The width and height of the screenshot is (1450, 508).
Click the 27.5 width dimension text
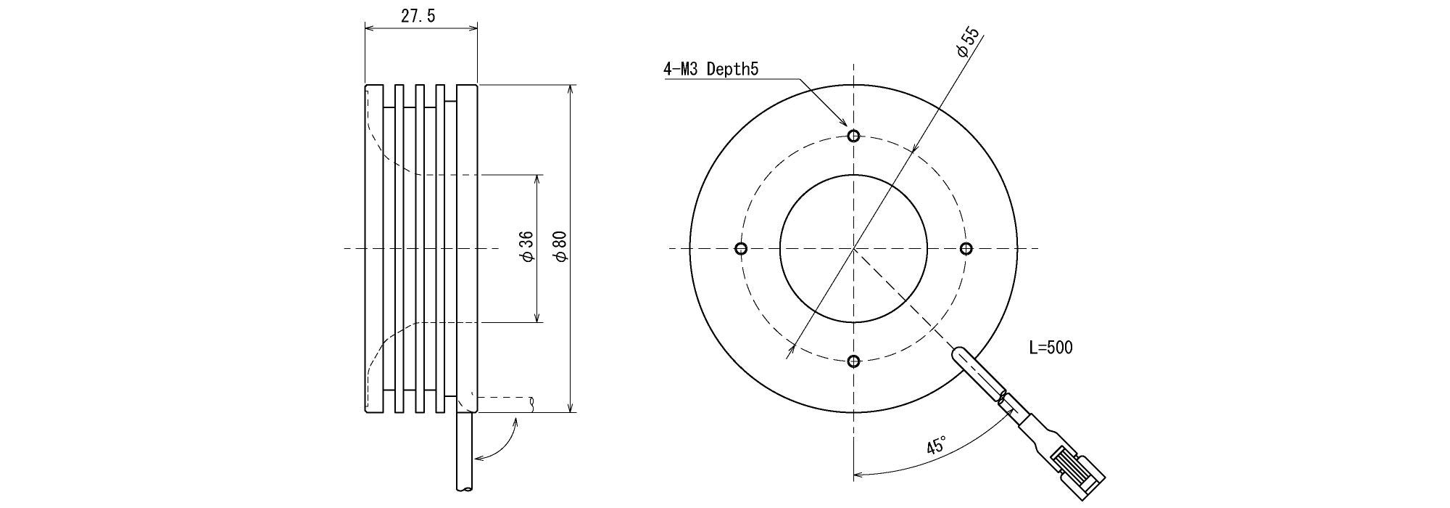click(x=418, y=17)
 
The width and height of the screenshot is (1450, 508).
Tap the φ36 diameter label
click(x=527, y=247)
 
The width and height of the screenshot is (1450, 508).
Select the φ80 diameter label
click(x=560, y=247)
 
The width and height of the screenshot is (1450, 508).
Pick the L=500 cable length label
click(x=1051, y=348)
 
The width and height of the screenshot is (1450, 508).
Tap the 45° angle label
click(x=937, y=446)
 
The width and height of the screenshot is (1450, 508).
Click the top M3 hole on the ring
click(x=853, y=136)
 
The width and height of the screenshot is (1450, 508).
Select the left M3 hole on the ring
click(x=740, y=249)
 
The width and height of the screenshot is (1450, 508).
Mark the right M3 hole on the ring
click(x=966, y=249)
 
